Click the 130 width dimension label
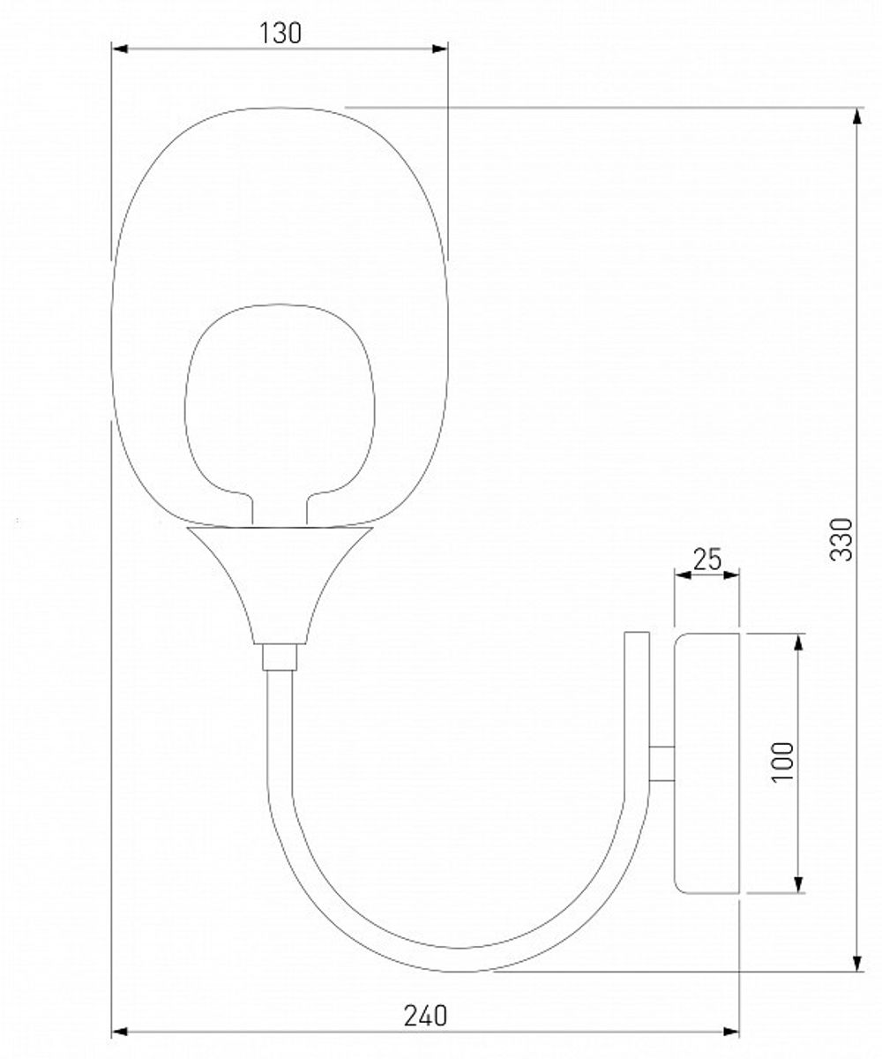coord(280,33)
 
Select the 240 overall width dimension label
coord(425,1015)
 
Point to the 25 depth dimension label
coord(706,559)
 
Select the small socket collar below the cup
coord(280,657)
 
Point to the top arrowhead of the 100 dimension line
coord(798,642)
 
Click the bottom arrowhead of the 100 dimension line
coord(798,884)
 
